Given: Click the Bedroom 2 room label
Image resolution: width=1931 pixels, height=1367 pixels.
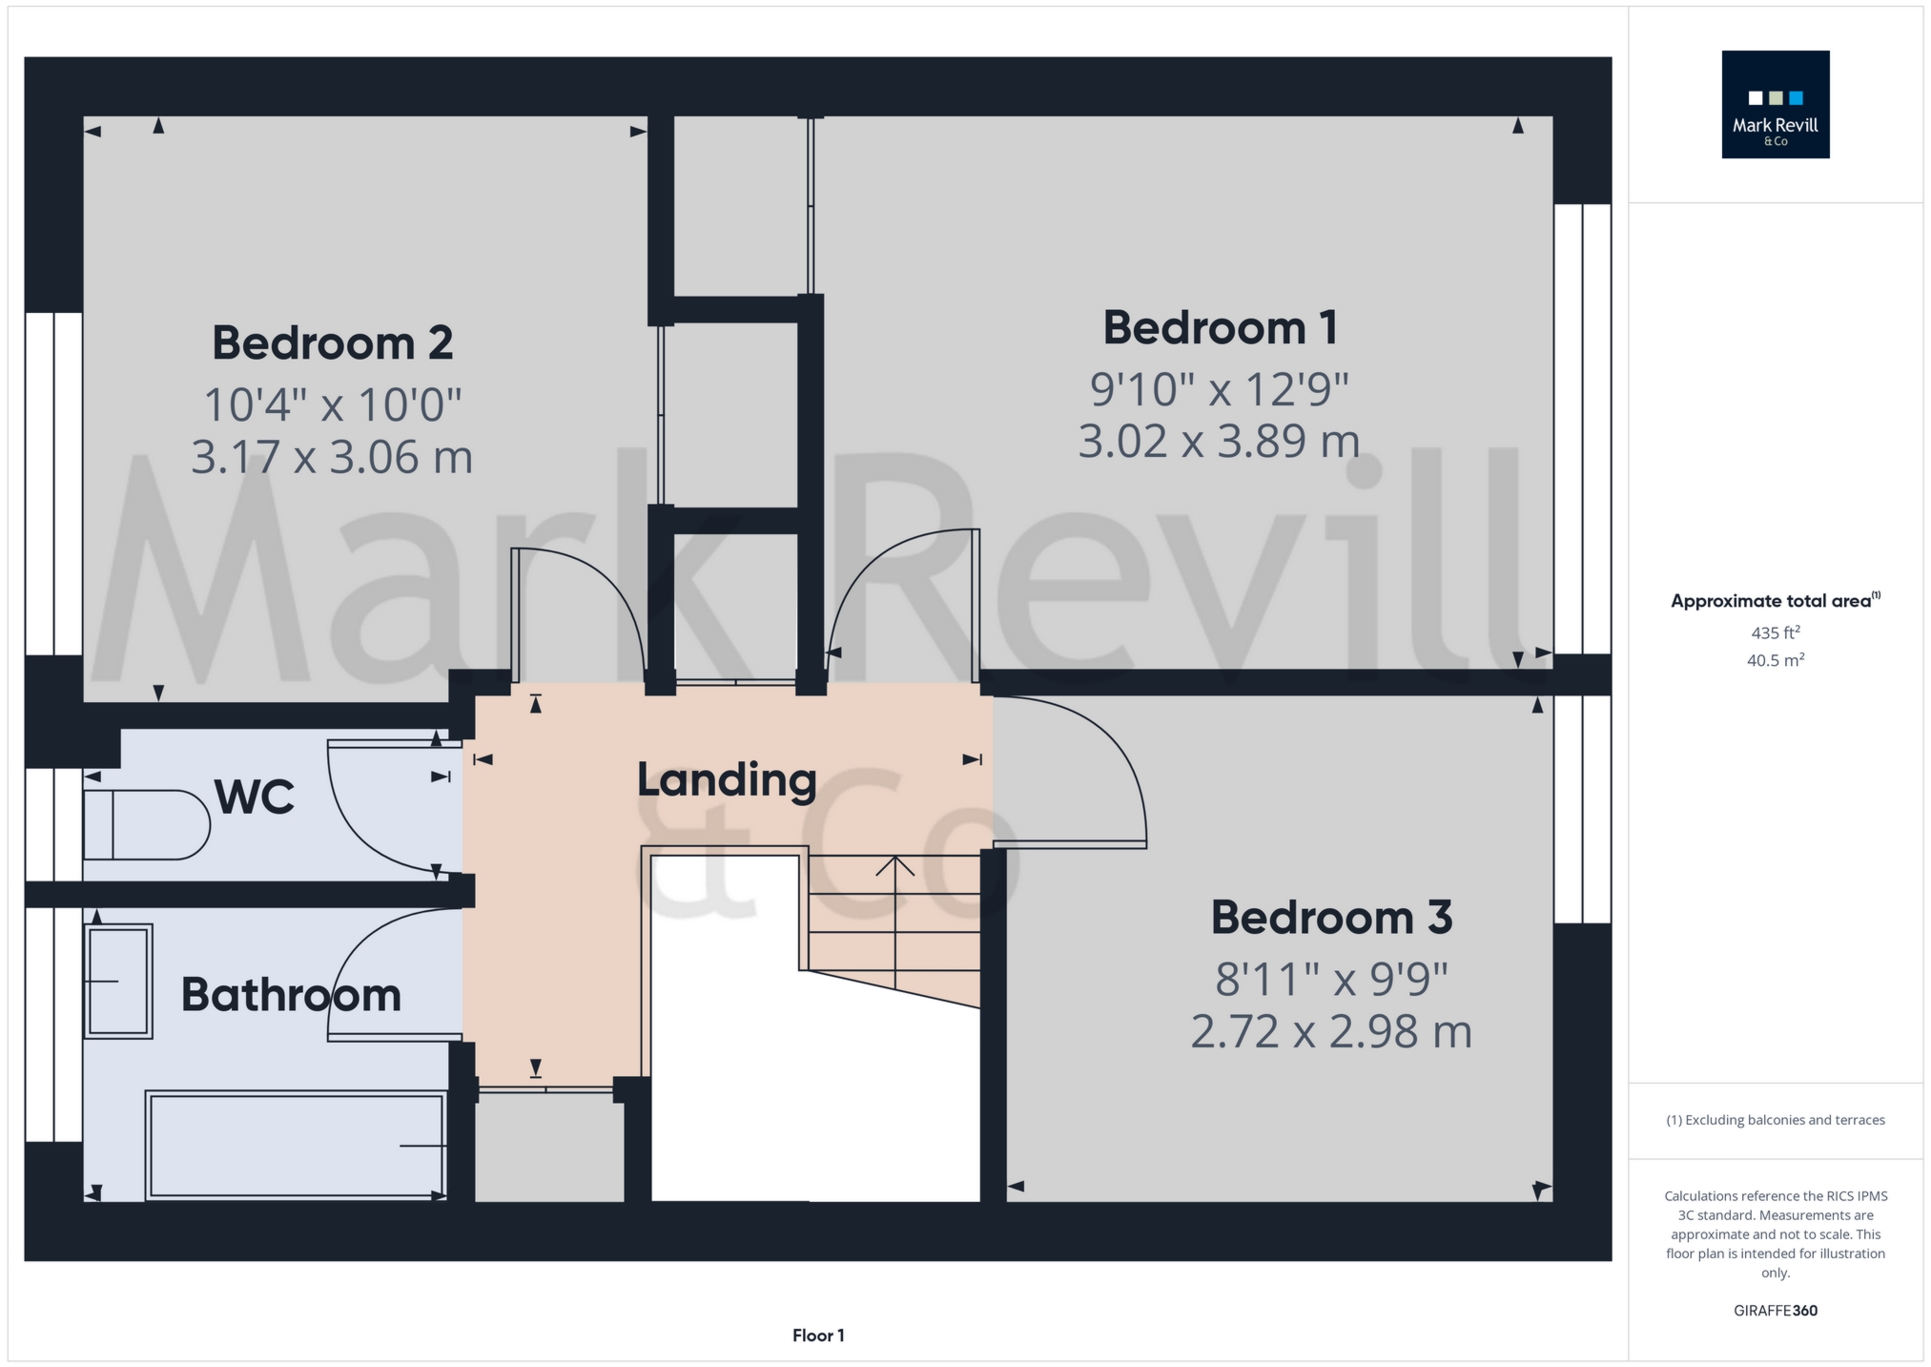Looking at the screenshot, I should (x=332, y=343).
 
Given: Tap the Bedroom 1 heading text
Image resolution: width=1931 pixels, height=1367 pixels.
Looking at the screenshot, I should (x=1220, y=328).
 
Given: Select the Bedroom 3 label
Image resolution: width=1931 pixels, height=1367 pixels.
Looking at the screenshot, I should (x=1331, y=918).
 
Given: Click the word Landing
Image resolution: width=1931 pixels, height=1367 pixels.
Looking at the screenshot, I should (x=727, y=780).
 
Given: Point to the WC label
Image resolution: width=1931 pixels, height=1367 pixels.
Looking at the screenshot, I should (x=255, y=797).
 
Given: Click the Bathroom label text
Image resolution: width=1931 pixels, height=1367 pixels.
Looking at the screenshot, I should (x=291, y=995).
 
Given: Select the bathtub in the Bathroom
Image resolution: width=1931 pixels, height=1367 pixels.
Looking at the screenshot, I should (x=297, y=1146).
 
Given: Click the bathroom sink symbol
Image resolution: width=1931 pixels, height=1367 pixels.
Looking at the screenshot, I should (x=119, y=981).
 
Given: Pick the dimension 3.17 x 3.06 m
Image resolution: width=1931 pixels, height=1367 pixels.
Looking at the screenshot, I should (x=332, y=457).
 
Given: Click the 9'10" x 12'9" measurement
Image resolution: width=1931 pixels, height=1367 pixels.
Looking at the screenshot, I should (x=1220, y=389).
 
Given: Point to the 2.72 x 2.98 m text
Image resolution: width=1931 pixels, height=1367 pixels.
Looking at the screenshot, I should (x=1331, y=1032).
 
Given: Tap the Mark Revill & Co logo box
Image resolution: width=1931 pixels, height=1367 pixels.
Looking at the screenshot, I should (x=1775, y=105).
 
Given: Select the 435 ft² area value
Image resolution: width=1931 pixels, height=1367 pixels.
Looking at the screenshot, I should (x=1775, y=632).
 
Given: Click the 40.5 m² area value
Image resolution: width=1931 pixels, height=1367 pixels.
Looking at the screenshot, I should (x=1775, y=660).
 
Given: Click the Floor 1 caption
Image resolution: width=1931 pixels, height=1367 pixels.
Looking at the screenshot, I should (x=818, y=1336).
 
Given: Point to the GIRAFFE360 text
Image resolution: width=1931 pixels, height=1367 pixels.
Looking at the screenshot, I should (x=1775, y=1311).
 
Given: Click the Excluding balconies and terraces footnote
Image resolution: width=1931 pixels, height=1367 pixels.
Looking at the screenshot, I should (x=1775, y=1120).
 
